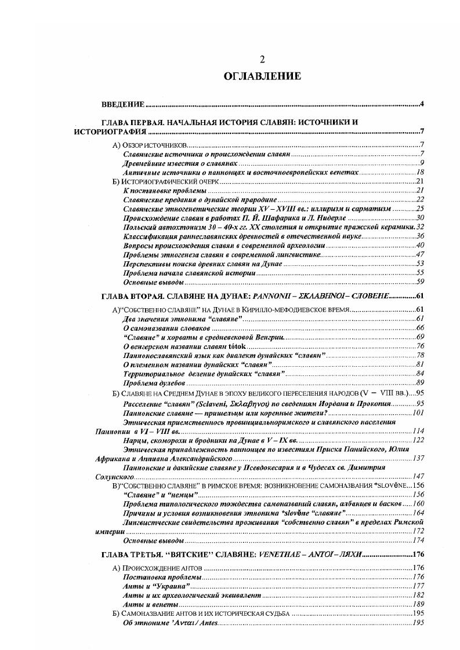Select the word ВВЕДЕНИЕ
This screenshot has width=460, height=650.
click(123, 104)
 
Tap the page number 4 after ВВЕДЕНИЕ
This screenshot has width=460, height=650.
click(422, 104)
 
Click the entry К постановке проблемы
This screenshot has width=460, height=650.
click(164, 190)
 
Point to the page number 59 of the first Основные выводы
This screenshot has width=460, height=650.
click(421, 282)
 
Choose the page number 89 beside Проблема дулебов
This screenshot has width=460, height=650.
click(421, 383)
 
